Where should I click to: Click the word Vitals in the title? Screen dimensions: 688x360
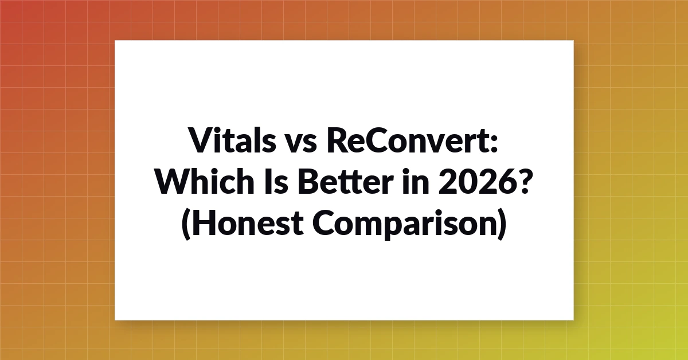click(233, 140)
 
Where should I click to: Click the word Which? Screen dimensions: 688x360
click(205, 181)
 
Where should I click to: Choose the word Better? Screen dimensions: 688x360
click(346, 182)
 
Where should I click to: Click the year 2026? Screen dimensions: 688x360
click(476, 182)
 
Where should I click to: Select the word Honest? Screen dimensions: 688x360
click(248, 222)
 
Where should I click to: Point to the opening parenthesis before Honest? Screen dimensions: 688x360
click(186, 224)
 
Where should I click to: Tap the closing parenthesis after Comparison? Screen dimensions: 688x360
click(502, 224)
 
